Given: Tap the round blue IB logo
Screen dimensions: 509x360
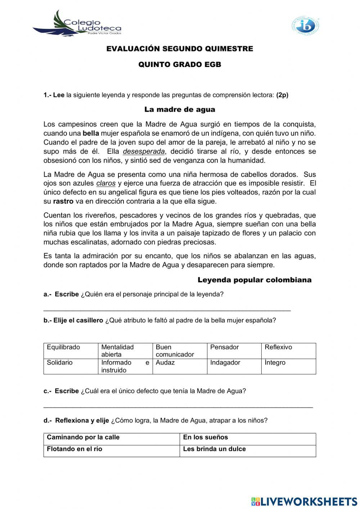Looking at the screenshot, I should (x=305, y=26).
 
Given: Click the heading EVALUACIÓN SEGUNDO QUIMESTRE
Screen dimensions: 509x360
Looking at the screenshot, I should (x=180, y=49).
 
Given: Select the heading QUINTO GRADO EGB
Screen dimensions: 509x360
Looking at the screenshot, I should (x=180, y=65).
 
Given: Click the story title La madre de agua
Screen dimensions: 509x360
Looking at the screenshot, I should (x=180, y=110).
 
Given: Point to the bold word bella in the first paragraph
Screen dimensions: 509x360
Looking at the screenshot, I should (x=91, y=133).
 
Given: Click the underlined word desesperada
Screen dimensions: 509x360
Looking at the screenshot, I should (x=144, y=151).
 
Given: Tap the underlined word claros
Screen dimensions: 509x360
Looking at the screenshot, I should (x=106, y=183).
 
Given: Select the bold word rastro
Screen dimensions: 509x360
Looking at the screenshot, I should (x=63, y=201).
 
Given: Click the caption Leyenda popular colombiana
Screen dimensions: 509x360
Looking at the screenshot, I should (x=255, y=280).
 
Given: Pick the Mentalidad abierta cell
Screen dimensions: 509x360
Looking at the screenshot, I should (x=125, y=351).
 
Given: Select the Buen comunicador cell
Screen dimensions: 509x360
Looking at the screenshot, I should (x=180, y=351).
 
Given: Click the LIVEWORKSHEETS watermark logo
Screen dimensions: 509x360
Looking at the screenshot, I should (x=304, y=501).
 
